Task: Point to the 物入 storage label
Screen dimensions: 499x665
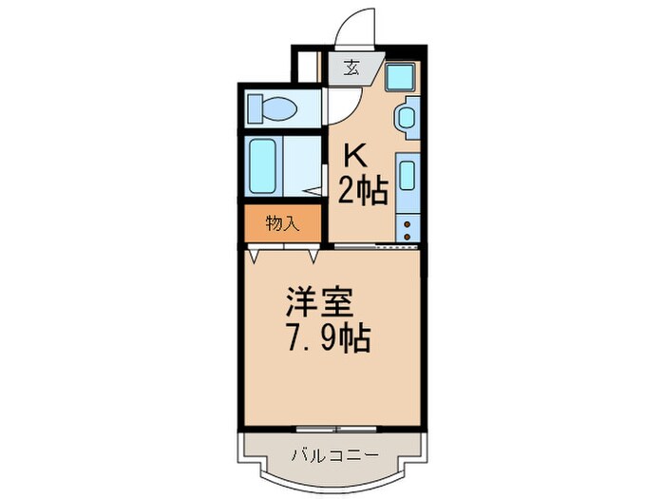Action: (x=282, y=224)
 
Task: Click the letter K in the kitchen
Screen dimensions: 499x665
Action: (x=352, y=156)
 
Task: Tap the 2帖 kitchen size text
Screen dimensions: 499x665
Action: (x=363, y=191)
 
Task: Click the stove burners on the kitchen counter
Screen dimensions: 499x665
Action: (x=408, y=227)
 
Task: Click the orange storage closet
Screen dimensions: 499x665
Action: (x=282, y=224)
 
